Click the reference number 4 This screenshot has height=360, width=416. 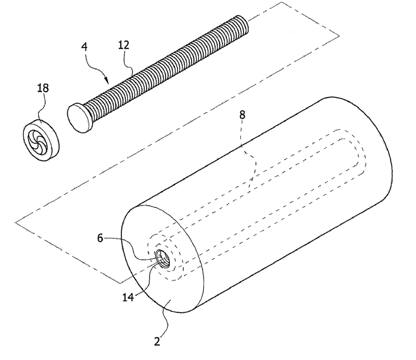pyautogui.click(x=84, y=47)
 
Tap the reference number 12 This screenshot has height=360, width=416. pyautogui.click(x=123, y=45)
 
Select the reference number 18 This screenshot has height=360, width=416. pyautogui.click(x=43, y=88)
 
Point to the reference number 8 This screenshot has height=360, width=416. pyautogui.click(x=242, y=115)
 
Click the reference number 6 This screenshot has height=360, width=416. pyautogui.click(x=100, y=238)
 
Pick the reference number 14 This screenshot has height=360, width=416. pyautogui.click(x=128, y=297)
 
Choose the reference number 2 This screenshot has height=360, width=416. pyautogui.click(x=157, y=341)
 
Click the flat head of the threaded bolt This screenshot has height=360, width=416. pyautogui.click(x=79, y=117)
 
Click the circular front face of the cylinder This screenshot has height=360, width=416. pyautogui.click(x=162, y=259)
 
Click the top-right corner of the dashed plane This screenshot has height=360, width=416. pyautogui.click(x=339, y=35)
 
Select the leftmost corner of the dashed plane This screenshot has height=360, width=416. pyautogui.click(x=15, y=222)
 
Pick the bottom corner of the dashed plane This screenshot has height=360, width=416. pyautogui.click(x=120, y=283)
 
